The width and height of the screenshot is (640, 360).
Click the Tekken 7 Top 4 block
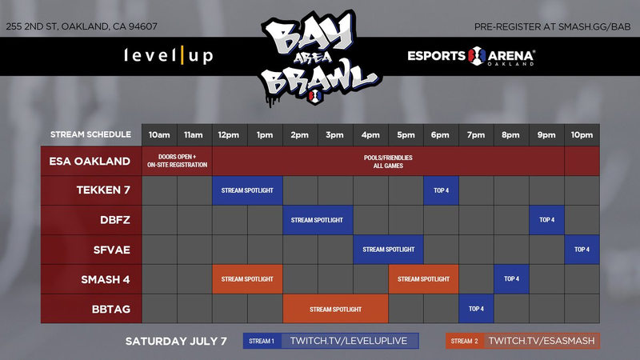pyautogui.click(x=441, y=190)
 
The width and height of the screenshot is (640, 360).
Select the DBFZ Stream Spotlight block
pyautogui.click(x=318, y=220)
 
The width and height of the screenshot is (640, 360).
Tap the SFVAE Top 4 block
pyautogui.click(x=582, y=250)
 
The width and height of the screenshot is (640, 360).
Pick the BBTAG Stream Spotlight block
pyautogui.click(x=335, y=309)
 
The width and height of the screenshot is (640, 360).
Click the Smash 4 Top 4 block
pyautogui.click(x=511, y=279)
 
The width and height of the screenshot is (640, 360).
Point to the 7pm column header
pyautogui.click(x=476, y=135)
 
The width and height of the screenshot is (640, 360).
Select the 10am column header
pyautogui.click(x=159, y=135)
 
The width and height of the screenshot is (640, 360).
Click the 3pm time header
pyautogui.click(x=335, y=135)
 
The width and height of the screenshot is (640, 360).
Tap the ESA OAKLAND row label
pyautogui.click(x=90, y=162)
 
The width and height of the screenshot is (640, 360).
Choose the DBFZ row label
pyautogui.click(x=115, y=220)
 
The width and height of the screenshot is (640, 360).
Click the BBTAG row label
pyautogui.click(x=111, y=309)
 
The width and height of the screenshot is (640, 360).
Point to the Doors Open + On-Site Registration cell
pyautogui.click(x=177, y=161)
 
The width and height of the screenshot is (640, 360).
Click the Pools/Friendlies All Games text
pyautogui.click(x=388, y=162)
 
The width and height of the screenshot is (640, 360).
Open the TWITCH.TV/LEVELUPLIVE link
pyautogui.click(x=349, y=341)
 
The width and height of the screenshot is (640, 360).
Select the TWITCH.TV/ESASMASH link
pyautogui.click(x=542, y=341)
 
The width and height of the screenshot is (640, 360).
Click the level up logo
pyautogui.click(x=169, y=55)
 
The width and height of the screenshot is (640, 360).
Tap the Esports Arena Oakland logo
pyautogui.click(x=471, y=56)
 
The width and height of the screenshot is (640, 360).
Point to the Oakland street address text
pyautogui.click(x=82, y=26)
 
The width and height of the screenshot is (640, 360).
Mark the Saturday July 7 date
pyautogui.click(x=176, y=342)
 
